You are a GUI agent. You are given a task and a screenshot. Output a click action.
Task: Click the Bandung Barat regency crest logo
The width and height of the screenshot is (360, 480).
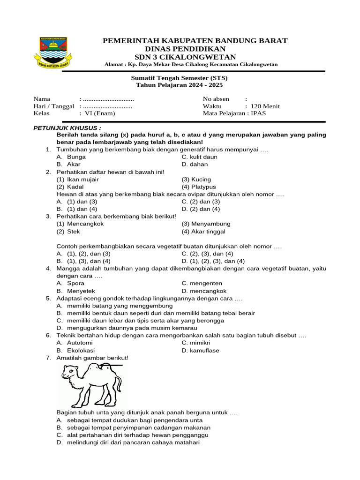click(53, 52)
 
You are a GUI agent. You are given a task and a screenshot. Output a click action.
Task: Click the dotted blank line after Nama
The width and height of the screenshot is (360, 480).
click(108, 99)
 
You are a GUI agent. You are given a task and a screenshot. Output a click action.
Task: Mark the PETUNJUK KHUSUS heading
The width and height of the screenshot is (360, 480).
click(67, 128)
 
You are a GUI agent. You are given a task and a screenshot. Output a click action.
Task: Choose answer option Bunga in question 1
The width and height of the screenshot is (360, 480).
click(76, 157)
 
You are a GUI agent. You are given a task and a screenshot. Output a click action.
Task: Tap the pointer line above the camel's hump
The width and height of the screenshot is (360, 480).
click(112, 365)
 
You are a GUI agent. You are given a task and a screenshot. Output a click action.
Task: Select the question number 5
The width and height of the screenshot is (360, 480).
click(48, 298)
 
